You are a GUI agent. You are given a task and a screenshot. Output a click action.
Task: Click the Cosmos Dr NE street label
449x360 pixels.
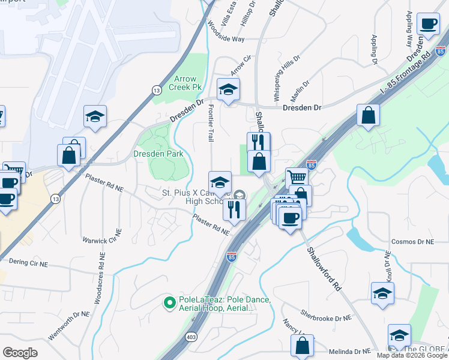pyautogui.click(x=412, y=242)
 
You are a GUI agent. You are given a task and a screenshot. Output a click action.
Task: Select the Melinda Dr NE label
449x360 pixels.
pyautogui.click(x=350, y=352)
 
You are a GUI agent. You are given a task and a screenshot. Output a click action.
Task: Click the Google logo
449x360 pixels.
pyautogui.click(x=20, y=353)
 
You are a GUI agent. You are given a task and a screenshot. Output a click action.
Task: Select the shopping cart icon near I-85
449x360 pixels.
pyautogui.click(x=297, y=177)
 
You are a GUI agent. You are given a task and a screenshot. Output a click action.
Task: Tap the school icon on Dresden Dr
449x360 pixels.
pyautogui.click(x=228, y=90)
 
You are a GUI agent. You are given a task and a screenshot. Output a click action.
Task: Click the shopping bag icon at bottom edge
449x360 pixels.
pyautogui.click(x=302, y=346)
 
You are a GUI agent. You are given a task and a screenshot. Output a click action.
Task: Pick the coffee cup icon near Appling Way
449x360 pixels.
pyautogui.click(x=428, y=25)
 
